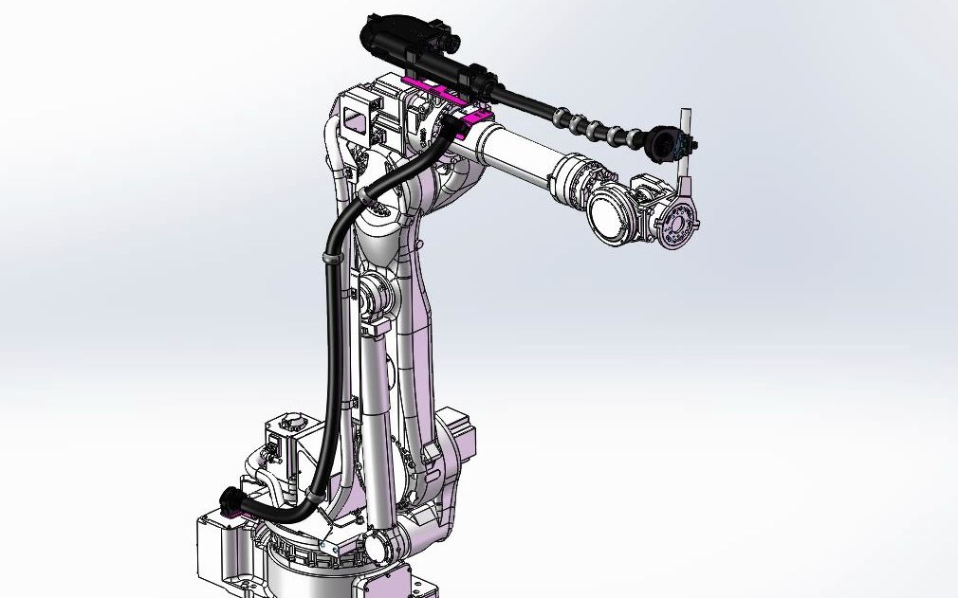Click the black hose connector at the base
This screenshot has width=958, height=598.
click(x=231, y=501)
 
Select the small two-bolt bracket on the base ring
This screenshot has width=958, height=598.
click(x=328, y=552)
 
